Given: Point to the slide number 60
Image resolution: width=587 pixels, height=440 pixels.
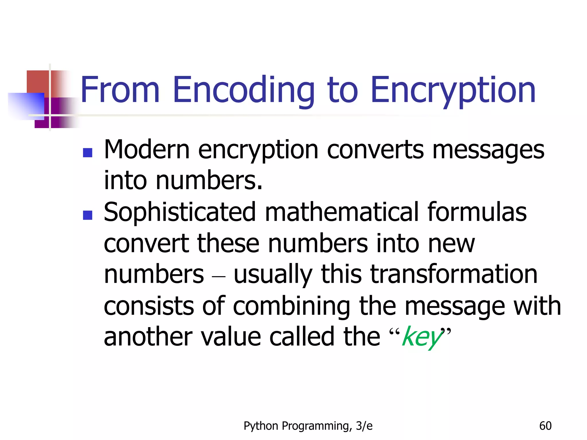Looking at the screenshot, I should [545, 426].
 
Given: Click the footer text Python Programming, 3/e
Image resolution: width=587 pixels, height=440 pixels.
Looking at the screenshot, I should [308, 426].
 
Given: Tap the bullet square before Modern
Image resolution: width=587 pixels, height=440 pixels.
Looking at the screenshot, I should [87, 152].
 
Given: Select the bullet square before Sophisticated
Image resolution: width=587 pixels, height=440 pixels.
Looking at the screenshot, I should [87, 215].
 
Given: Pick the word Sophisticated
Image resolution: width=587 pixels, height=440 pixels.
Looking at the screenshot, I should [179, 213].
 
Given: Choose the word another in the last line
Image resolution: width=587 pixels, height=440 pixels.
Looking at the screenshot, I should [148, 337].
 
